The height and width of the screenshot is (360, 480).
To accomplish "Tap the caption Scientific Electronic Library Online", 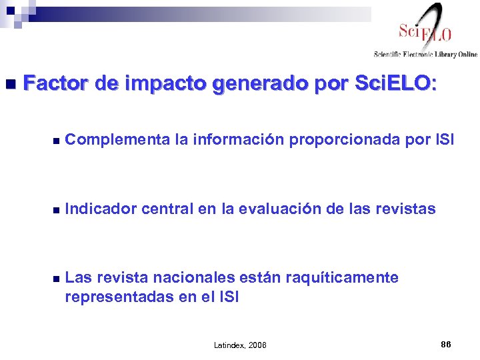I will pyautogui.click(x=425, y=54).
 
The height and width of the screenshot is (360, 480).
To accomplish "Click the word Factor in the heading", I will pyautogui.click(x=55, y=83).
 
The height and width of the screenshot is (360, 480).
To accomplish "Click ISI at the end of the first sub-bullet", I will pyautogui.click(x=445, y=140).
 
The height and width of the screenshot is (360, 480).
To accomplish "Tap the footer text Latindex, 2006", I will pyautogui.click(x=239, y=345).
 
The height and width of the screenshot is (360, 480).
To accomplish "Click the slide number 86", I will pyautogui.click(x=446, y=344).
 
